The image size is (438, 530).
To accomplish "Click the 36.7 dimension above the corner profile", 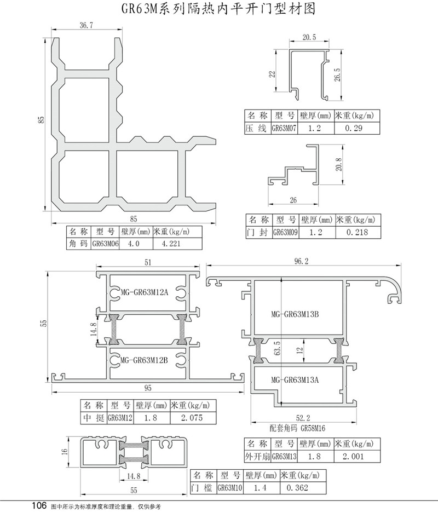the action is point(86,25).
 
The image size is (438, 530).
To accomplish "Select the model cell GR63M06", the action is point(106,244).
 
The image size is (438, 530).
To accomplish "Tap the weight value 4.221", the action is point(171,244).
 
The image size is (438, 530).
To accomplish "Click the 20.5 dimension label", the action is point(309,37).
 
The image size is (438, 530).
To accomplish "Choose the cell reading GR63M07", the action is point(284,128).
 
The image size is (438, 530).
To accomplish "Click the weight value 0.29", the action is point(354,128).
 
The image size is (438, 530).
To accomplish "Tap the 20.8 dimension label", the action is point(339,165).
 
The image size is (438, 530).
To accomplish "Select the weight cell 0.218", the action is point(357,232).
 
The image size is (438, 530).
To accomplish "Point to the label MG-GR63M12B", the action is point(144,360).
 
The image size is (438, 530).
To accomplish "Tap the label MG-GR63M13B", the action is point(295,314).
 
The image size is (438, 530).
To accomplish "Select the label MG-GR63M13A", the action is point(295,380).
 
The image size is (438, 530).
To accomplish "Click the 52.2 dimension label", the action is point(303,418).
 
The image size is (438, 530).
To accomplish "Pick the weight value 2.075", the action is point(192,418).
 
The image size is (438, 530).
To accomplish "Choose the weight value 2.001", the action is point(353,457).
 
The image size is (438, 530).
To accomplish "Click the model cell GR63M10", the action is point(230,488).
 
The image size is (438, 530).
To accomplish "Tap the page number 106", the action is point(39,506).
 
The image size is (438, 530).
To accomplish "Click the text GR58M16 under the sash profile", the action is point(313,429).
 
